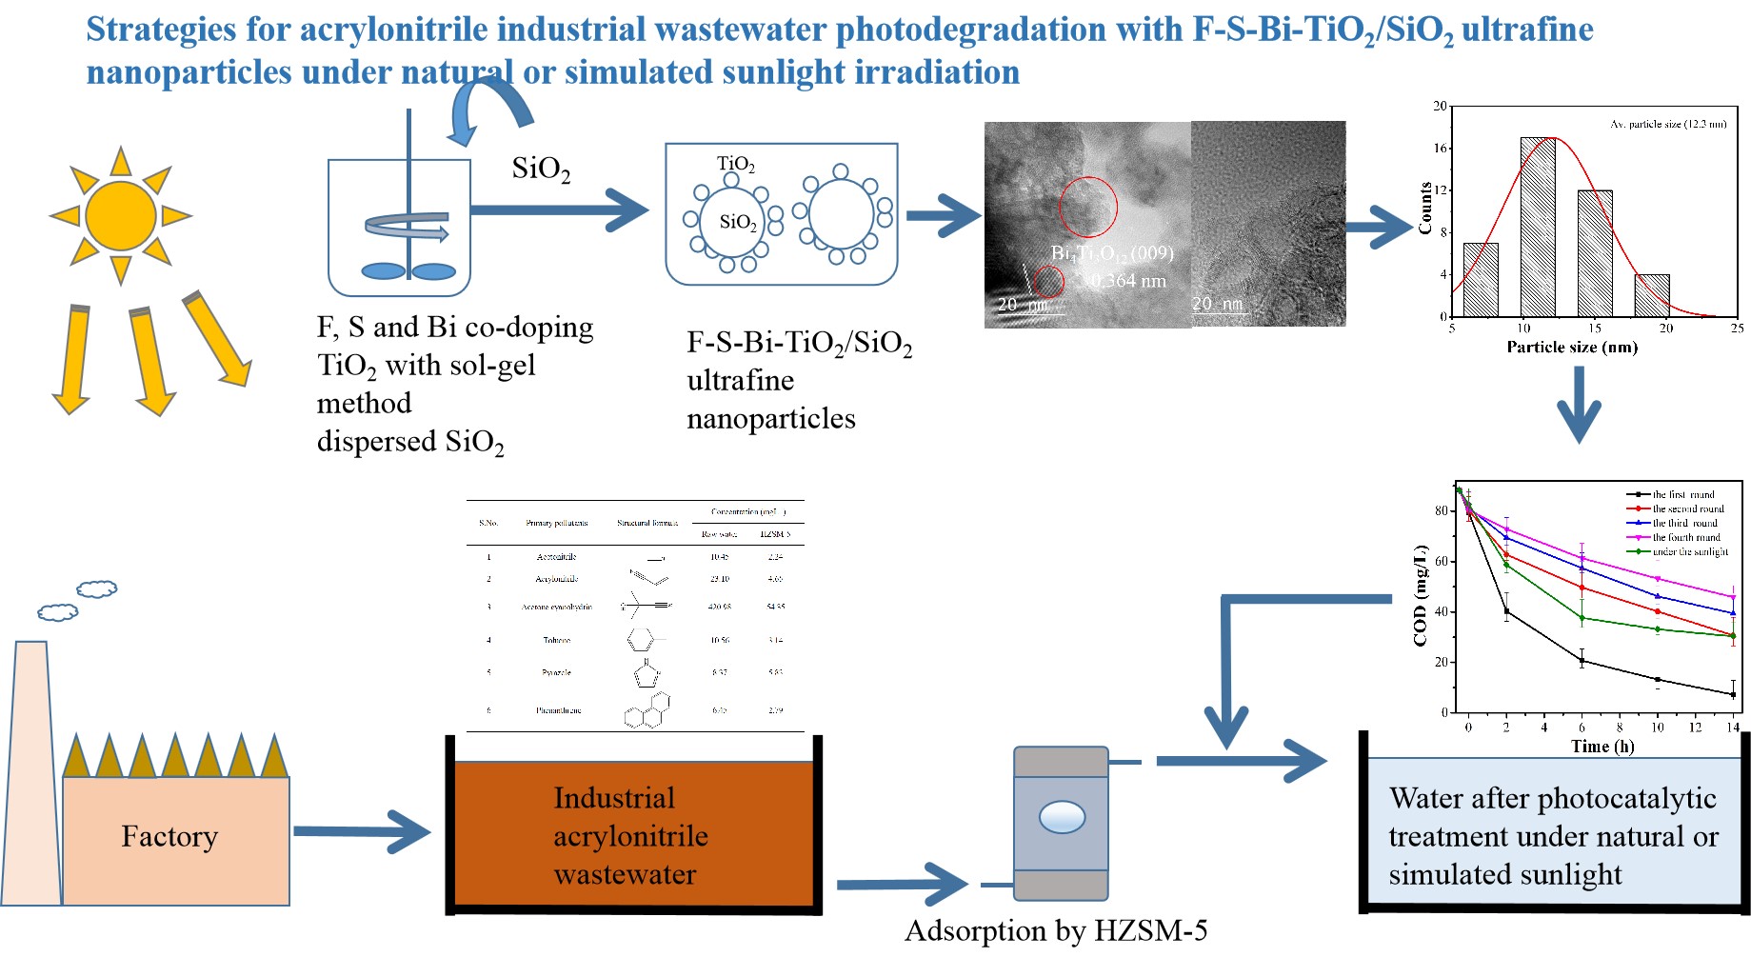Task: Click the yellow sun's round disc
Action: point(121,216)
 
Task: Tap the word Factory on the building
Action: point(169,837)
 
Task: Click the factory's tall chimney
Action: point(31,771)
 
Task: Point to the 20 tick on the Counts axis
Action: point(1440,107)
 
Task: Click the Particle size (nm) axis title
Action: point(1572,348)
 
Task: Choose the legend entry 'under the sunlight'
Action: point(1689,551)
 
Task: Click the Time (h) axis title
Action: point(1602,747)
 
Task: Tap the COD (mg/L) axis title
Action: point(1421,596)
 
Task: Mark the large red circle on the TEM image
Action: point(1088,207)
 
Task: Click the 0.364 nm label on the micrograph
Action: point(1128,281)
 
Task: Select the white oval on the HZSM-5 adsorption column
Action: point(1062,817)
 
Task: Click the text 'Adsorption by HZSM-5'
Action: point(1056,930)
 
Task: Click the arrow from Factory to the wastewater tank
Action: point(362,832)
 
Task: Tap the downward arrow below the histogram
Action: point(1579,406)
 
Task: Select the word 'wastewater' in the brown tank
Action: point(625,874)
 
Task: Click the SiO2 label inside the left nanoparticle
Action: point(738,223)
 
